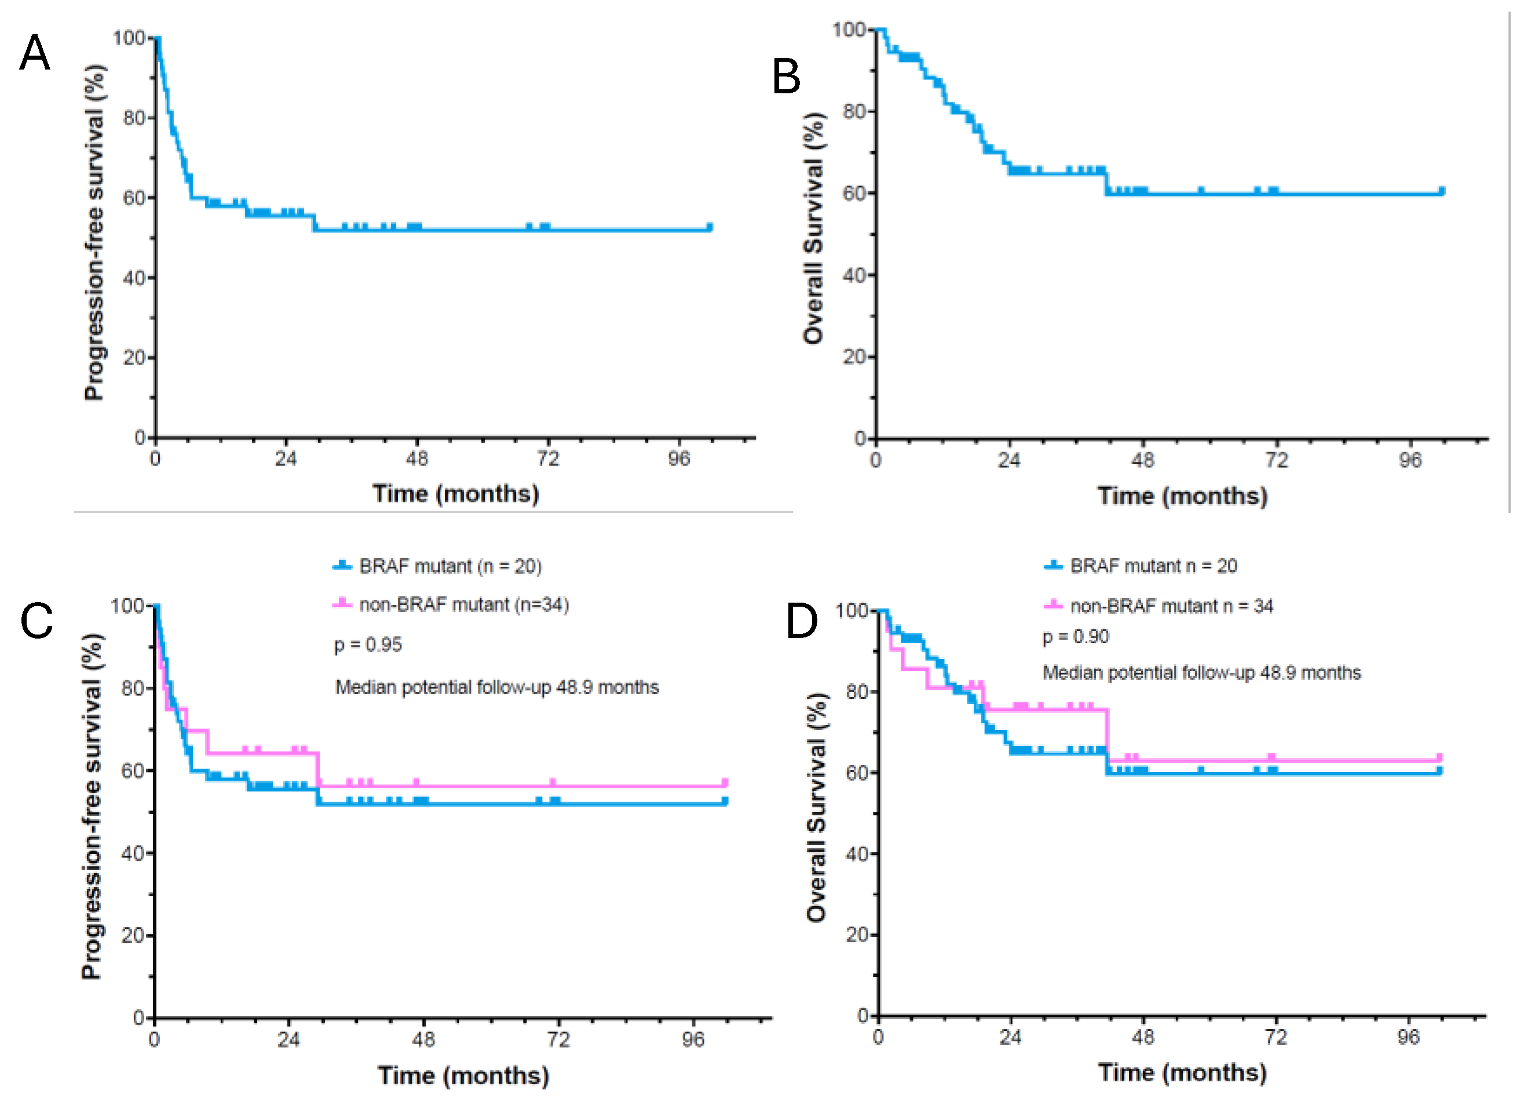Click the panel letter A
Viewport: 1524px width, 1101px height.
pyautogui.click(x=34, y=52)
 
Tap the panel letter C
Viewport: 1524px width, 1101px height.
pyautogui.click(x=36, y=621)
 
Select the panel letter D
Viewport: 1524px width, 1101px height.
pyautogui.click(x=802, y=621)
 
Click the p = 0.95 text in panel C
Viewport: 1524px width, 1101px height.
pyautogui.click(x=368, y=644)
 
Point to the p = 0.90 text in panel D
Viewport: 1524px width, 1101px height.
pyautogui.click(x=1075, y=636)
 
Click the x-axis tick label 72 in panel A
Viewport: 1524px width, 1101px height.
pyautogui.click(x=547, y=458)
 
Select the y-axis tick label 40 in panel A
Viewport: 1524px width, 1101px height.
pyautogui.click(x=134, y=278)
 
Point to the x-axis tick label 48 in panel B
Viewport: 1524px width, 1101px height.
pyautogui.click(x=1143, y=461)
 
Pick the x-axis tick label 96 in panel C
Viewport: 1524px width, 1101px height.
pyautogui.click(x=693, y=1040)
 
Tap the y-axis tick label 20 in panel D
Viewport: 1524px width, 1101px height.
pyautogui.click(x=857, y=934)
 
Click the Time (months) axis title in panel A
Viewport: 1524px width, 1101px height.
pyautogui.click(x=456, y=494)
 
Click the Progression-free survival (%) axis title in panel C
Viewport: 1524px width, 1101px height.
pyautogui.click(x=92, y=807)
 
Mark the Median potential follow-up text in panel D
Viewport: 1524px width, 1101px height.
pyautogui.click(x=1201, y=673)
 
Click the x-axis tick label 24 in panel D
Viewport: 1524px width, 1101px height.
pyautogui.click(x=1010, y=1037)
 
